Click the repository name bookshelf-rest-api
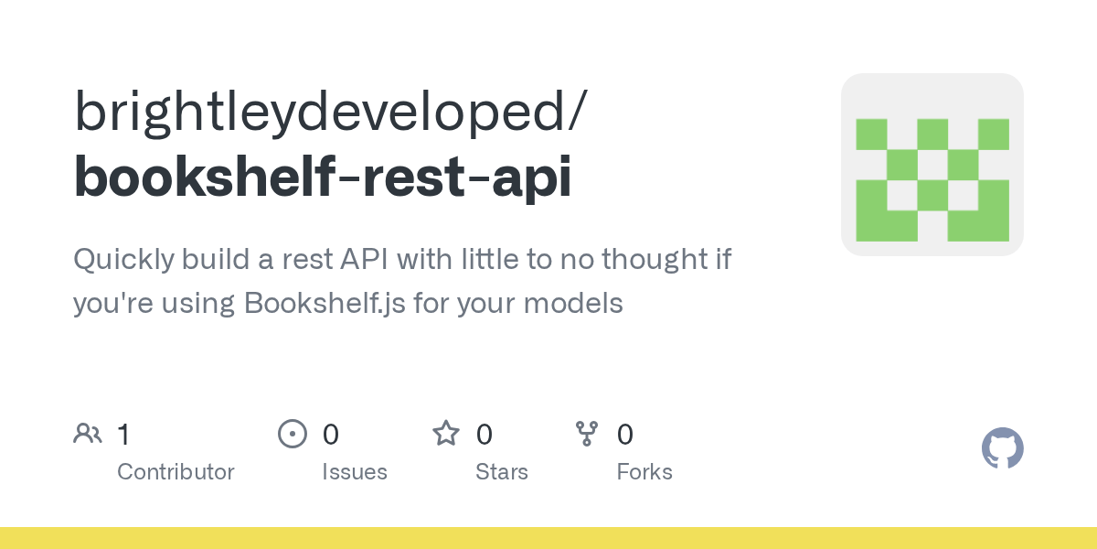(323, 177)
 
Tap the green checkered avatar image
(932, 165)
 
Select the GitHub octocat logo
(1002, 449)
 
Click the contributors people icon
(88, 434)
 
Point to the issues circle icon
(293, 434)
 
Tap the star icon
(446, 434)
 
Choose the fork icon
(586, 434)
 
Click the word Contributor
(176, 472)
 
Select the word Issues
(355, 472)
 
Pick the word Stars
(502, 472)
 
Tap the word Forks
(644, 472)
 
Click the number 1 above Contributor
(123, 435)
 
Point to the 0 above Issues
(331, 435)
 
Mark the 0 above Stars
(485, 435)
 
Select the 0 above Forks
(625, 435)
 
